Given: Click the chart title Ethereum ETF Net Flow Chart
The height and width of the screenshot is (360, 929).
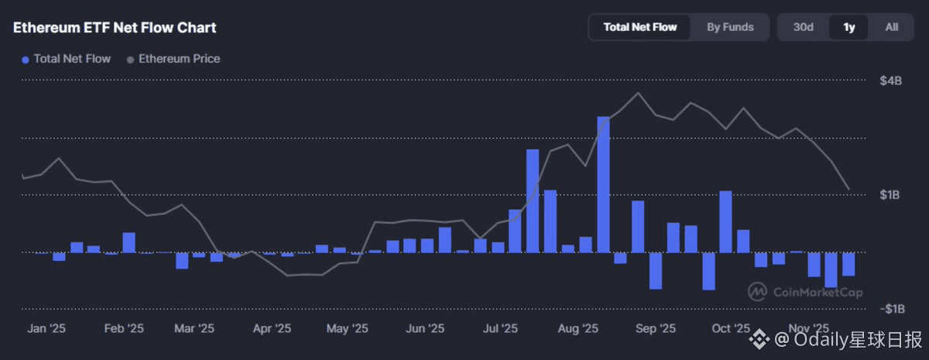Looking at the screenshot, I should pos(115,28).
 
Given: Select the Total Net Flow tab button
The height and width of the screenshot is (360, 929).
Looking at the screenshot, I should pos(639,27).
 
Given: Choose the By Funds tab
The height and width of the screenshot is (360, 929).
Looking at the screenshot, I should pos(730,27).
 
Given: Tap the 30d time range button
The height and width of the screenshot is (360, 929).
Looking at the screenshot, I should pos(803,27).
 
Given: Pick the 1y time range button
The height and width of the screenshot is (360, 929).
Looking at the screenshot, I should pos(848,27).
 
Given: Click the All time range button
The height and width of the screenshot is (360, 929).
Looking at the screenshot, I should pos(891,27).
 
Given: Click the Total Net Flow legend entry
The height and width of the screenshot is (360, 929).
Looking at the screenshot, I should pos(67,59).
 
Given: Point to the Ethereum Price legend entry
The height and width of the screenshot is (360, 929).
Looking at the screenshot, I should pos(173,59).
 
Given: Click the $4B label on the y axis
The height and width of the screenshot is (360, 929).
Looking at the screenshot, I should pos(891,81).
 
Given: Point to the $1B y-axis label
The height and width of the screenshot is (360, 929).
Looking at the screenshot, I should pos(891,195).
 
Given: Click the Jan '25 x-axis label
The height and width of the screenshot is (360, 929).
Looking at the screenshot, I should pos(46,328).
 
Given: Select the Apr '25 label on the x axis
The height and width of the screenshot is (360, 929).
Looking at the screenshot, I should pos(273,328).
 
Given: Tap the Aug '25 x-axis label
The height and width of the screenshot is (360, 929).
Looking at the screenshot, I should pos(578,328).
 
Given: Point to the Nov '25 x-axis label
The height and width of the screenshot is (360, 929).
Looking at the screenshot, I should pos(808,328).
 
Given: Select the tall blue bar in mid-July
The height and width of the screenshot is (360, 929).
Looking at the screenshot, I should pos(533,201).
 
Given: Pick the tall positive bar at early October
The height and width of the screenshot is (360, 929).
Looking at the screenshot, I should pos(725,221).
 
